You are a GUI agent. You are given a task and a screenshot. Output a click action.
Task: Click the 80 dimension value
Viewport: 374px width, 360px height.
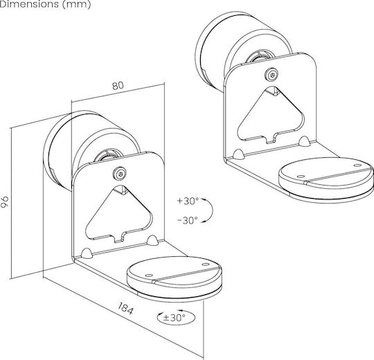click(118, 86)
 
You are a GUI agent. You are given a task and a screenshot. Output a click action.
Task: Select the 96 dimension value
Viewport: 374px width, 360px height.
click(5, 202)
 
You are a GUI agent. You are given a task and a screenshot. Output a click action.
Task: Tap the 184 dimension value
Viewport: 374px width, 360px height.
click(125, 308)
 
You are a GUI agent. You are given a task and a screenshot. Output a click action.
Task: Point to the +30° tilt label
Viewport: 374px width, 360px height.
click(188, 201)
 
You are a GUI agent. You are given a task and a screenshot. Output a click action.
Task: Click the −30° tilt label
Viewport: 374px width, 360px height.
click(188, 221)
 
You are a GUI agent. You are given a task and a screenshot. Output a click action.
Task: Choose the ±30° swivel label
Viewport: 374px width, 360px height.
click(175, 318)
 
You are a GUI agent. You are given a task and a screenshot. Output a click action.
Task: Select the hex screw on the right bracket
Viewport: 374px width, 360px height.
click(272, 75)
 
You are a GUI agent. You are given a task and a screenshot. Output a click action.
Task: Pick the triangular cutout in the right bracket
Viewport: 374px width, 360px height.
click(271, 116)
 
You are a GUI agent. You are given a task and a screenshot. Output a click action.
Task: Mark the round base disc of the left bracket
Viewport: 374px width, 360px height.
click(174, 276)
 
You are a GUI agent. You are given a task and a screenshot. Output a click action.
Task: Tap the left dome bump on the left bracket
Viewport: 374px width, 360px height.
click(87, 253)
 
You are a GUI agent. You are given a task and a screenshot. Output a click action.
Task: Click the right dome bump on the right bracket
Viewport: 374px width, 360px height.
click(304, 141)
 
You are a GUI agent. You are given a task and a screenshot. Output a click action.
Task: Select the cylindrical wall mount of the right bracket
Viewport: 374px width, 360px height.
click(243, 51)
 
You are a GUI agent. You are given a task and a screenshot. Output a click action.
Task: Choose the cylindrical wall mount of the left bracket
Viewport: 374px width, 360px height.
click(91, 151)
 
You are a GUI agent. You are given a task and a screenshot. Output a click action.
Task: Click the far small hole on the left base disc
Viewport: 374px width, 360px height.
click(205, 264)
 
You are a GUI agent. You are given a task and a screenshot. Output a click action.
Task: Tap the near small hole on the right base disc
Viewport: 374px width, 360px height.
click(301, 177)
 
